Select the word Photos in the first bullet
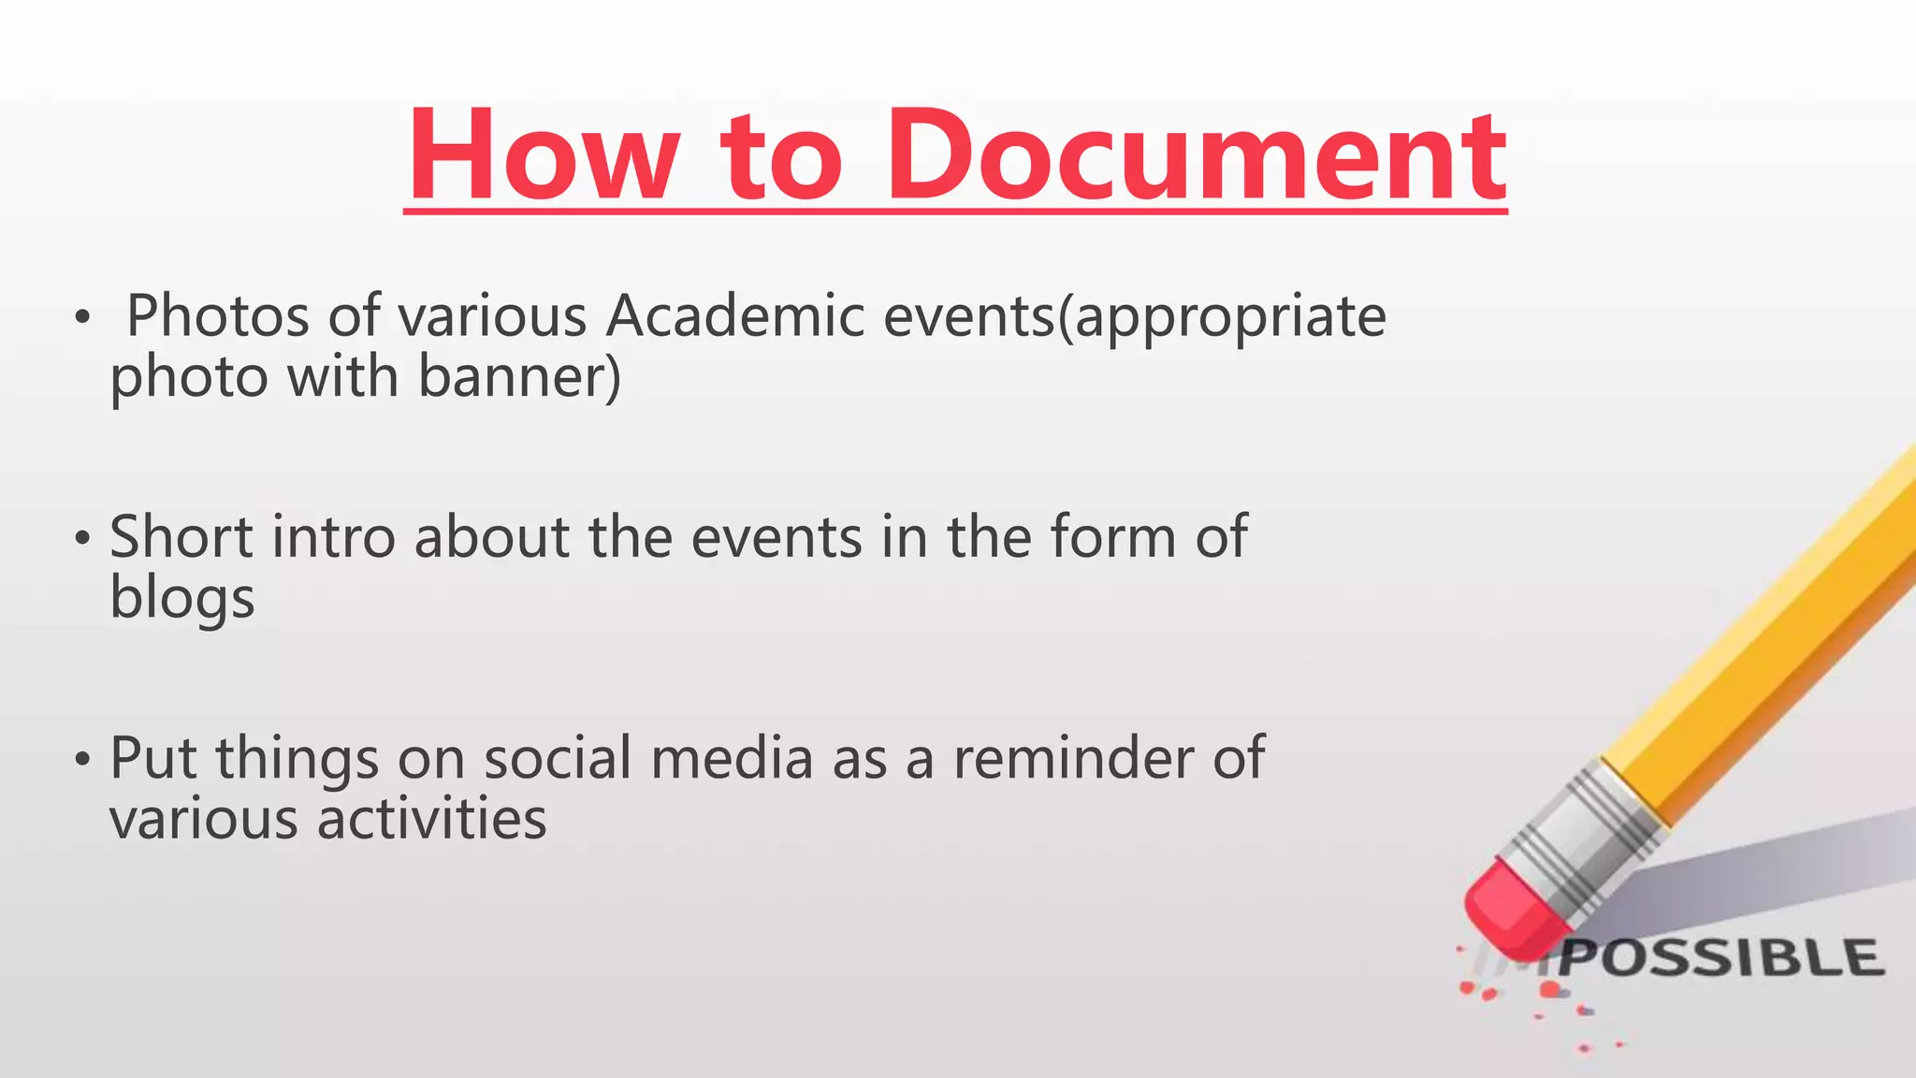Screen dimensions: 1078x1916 217,316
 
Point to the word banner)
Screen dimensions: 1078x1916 519,377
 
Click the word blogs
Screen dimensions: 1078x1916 181,598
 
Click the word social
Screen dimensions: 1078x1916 558,758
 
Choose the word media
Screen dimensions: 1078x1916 732,758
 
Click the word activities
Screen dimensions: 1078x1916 431,820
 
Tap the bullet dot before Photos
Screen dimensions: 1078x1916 82,318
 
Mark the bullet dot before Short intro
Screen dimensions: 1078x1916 82,538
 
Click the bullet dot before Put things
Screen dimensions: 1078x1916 82,759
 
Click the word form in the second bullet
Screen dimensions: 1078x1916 1112,537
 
